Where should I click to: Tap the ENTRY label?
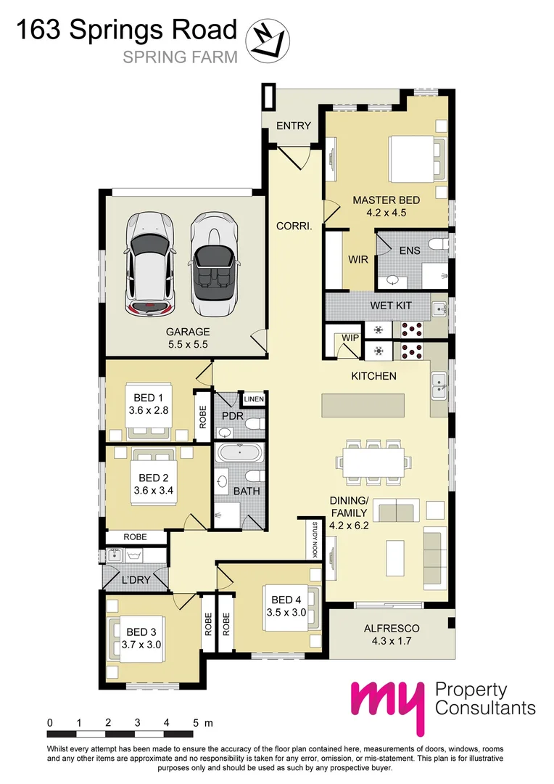tap(294, 126)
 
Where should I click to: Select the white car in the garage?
tap(151, 264)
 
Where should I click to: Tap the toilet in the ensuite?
tap(437, 245)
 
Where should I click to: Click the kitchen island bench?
tap(363, 405)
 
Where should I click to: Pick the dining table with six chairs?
tap(373, 460)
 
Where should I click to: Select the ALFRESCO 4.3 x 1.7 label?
tap(391, 635)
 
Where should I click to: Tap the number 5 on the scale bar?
tap(196, 723)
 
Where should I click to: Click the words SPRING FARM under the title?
tap(180, 57)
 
